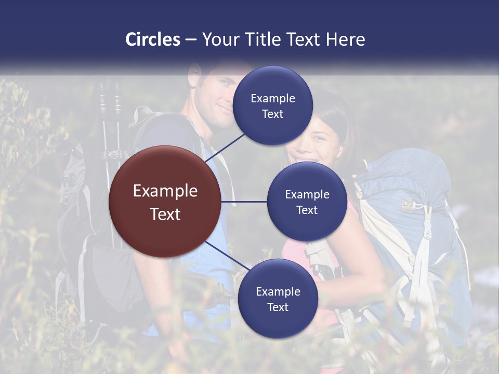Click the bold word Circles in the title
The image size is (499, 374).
152,39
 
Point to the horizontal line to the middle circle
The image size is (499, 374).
244,202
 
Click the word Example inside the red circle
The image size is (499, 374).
165,191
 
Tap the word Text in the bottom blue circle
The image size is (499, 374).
278,308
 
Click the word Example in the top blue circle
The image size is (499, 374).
273,98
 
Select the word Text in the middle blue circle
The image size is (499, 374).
307,210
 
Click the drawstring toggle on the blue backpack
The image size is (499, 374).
407,204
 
